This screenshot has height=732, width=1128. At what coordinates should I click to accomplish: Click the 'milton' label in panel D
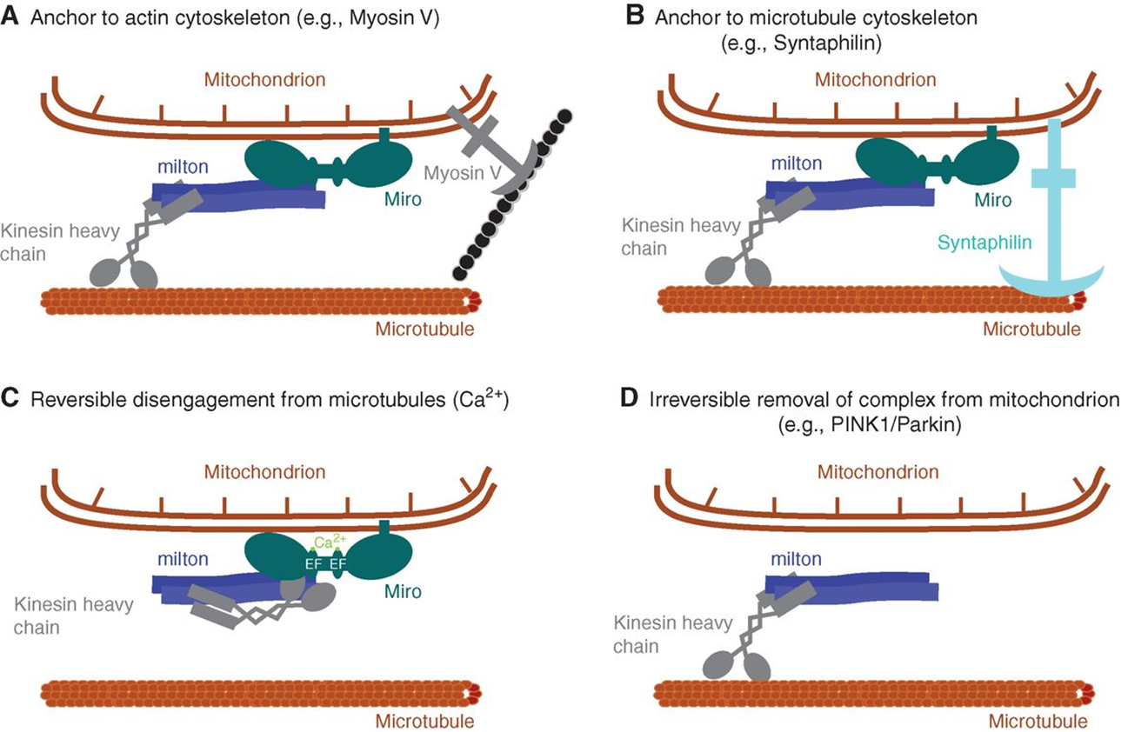[x=796, y=558]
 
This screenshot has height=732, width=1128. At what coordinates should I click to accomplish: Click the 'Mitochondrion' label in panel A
[x=265, y=79]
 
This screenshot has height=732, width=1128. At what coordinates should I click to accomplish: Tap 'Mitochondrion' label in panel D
[x=878, y=472]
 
